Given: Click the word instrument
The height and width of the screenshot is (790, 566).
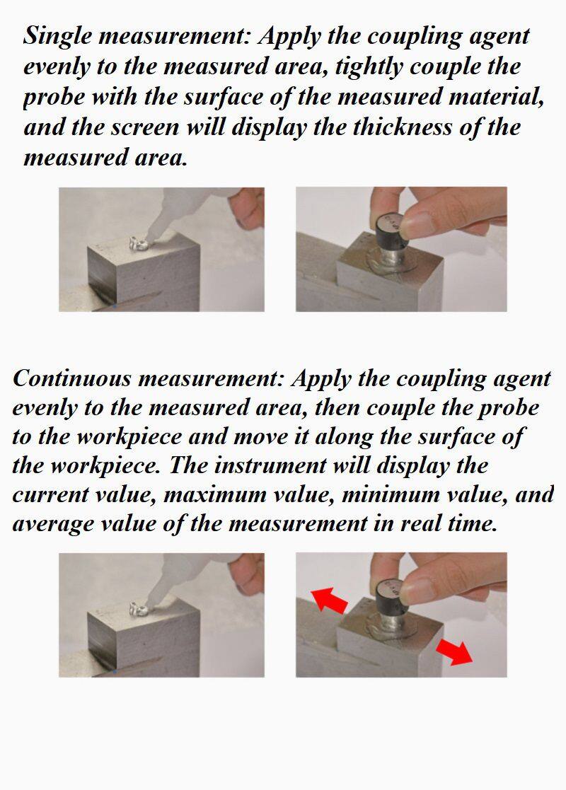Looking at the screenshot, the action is (270, 465).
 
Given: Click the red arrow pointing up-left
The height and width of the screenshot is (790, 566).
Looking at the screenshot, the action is (329, 600).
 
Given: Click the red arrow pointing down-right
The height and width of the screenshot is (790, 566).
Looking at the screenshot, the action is (453, 651).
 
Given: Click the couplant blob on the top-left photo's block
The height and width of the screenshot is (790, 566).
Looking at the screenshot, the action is (137, 243).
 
